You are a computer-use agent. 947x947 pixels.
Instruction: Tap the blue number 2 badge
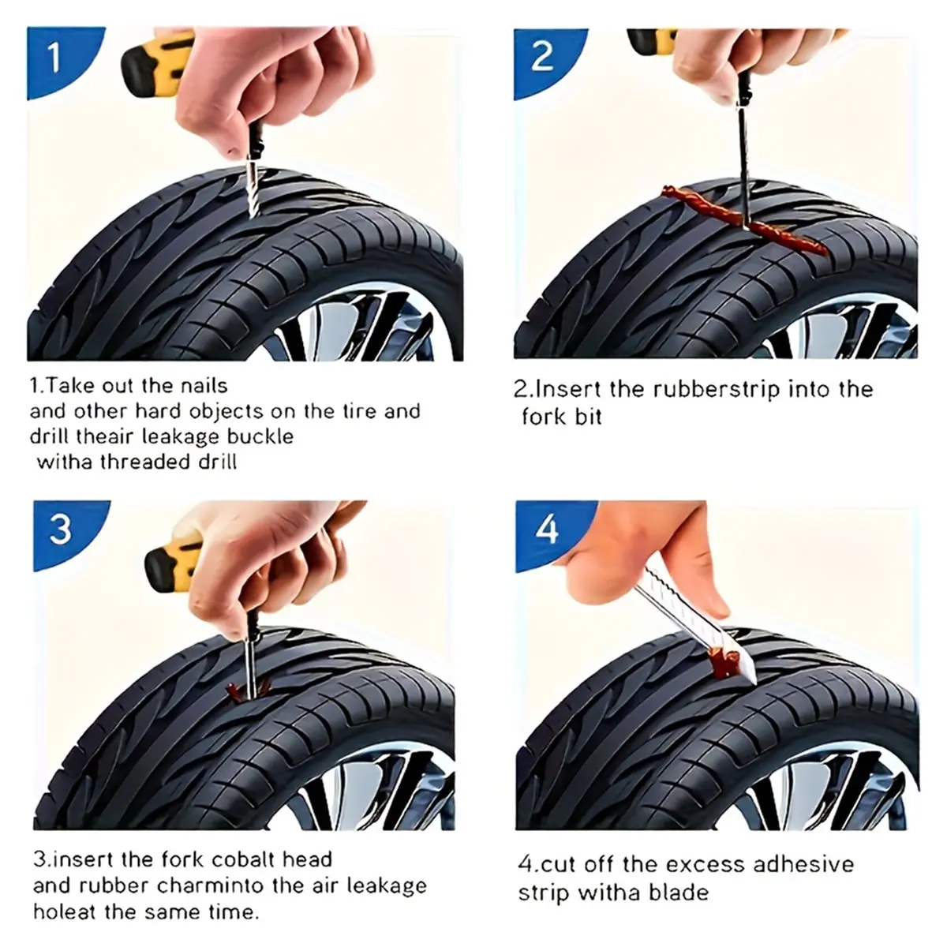coord(543,59)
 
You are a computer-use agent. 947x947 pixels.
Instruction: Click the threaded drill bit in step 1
coord(251,189)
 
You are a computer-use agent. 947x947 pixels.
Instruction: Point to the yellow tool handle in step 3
coord(174,565)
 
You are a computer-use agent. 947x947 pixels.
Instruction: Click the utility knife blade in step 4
coord(688,624)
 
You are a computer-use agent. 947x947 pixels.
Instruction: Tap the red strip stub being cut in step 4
coord(722,662)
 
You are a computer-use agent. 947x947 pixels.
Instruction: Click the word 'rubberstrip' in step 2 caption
coord(717,390)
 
